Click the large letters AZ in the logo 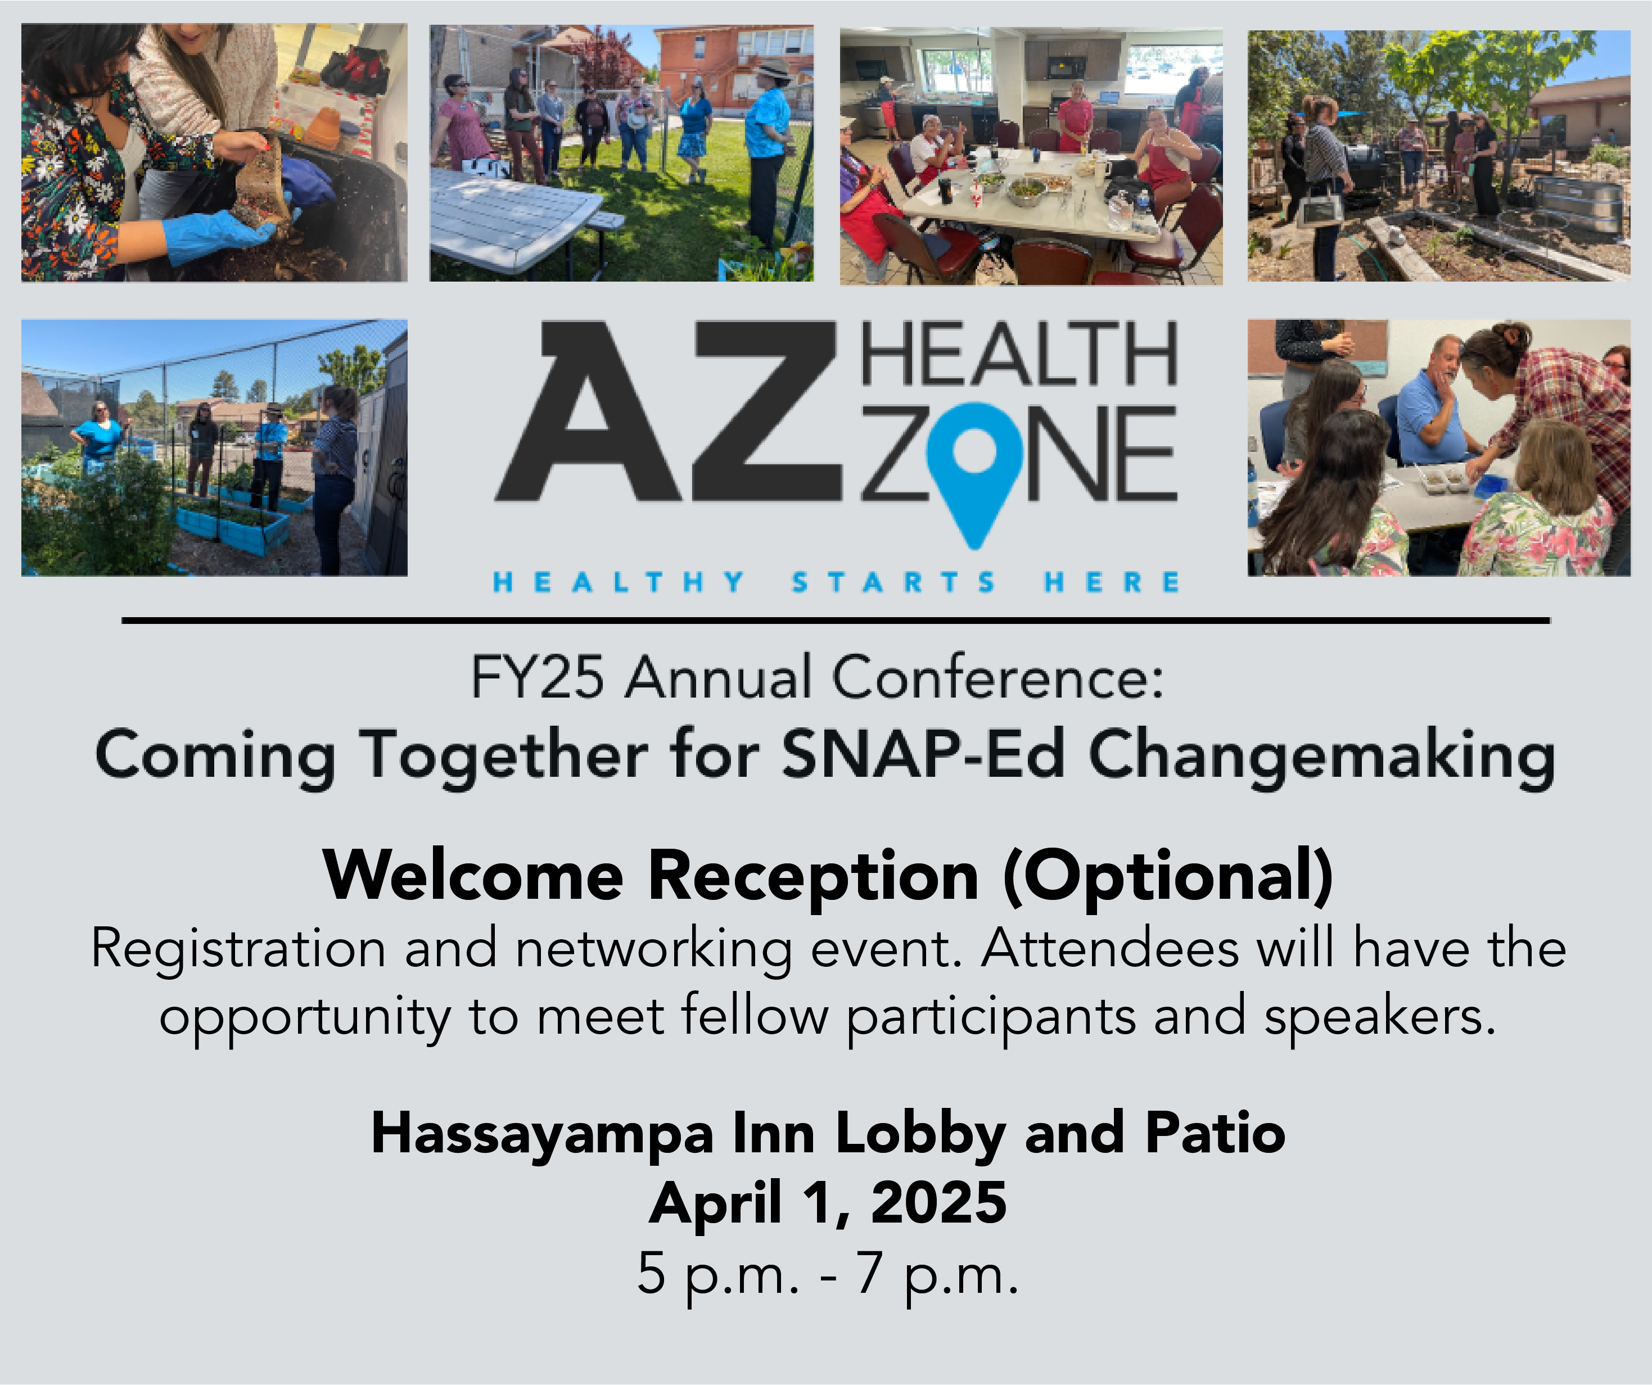coord(669,411)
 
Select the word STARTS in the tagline coord(893,582)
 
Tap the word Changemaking coord(1321,757)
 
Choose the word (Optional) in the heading coord(1168,877)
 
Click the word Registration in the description coord(238,950)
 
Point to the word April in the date coord(716,1204)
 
